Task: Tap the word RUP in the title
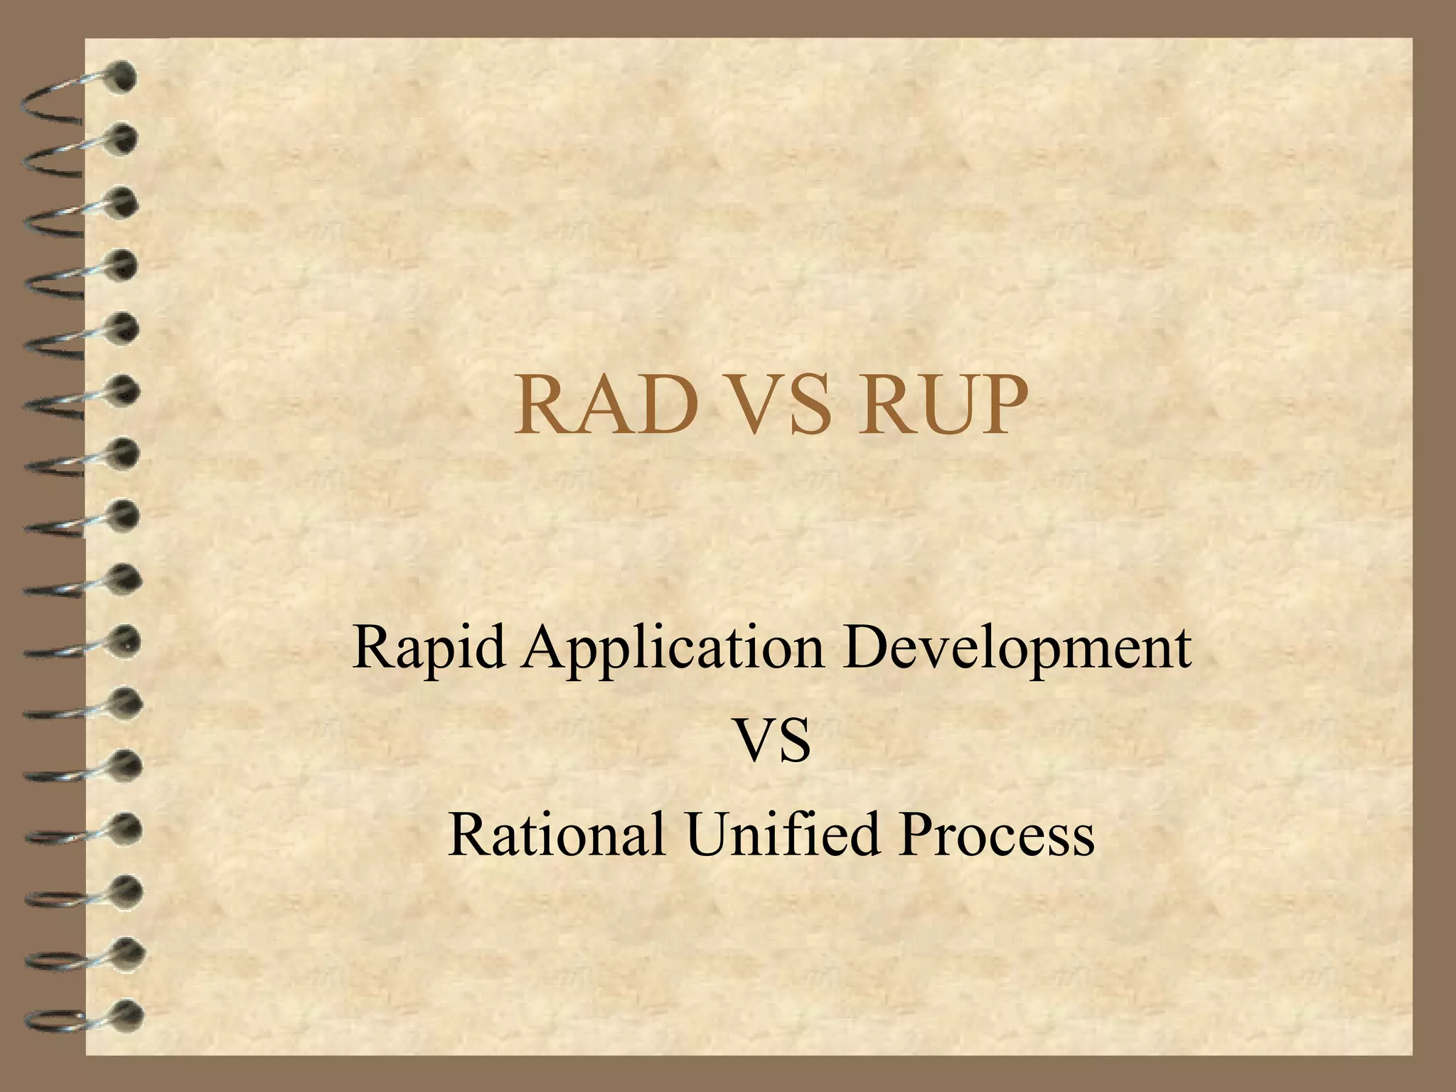(x=943, y=406)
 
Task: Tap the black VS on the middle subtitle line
(x=772, y=741)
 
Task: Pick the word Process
(x=995, y=833)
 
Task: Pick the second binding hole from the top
(x=124, y=139)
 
